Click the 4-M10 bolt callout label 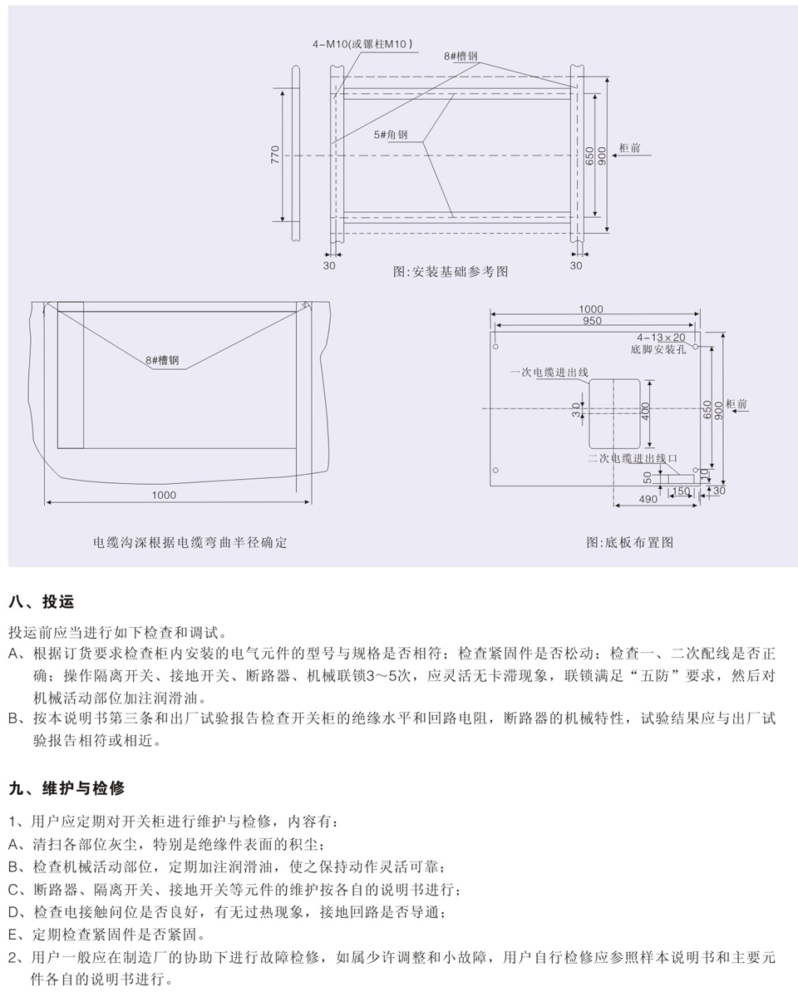coord(362,44)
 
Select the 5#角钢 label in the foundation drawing coord(391,135)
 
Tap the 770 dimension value coord(275,155)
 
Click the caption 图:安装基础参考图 coord(451,271)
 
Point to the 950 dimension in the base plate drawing coord(592,320)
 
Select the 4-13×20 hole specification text coord(661,337)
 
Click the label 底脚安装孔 coord(658,349)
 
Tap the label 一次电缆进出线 coord(549,372)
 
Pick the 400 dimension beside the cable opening coord(645,411)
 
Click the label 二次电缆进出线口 coord(633,458)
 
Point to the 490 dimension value coord(648,499)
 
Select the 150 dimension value coord(681,491)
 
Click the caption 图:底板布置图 coord(629,542)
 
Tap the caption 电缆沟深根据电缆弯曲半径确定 coord(190,542)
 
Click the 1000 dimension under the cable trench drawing coord(164,495)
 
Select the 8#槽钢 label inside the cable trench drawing coord(162,360)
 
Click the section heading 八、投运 coord(42,601)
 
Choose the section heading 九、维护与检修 coord(66,788)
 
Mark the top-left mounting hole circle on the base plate coord(495,347)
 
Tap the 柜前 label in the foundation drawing coord(629,148)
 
